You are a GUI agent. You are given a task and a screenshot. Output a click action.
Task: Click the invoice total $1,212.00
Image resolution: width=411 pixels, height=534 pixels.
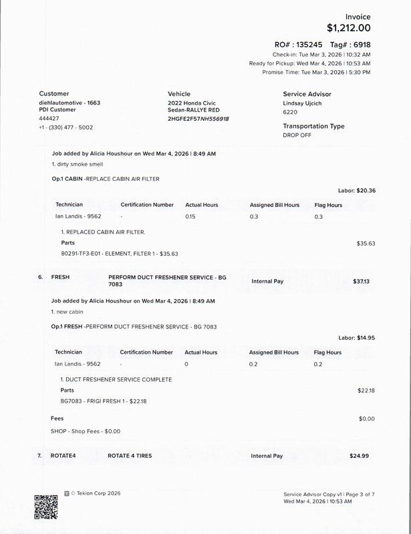point(348,28)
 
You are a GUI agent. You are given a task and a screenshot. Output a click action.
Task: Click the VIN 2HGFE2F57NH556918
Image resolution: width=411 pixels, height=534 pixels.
point(198,118)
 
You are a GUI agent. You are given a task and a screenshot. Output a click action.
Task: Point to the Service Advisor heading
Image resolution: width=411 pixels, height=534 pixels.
point(307,94)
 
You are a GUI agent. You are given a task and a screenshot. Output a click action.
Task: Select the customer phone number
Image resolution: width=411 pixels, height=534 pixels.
point(66,127)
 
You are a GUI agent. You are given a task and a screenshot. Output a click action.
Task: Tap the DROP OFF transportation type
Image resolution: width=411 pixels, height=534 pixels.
point(297,135)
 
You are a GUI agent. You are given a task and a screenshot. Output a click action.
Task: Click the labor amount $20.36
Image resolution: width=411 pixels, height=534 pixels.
point(366,190)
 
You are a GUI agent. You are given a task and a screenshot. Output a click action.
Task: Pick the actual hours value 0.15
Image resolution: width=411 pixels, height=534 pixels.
point(190,216)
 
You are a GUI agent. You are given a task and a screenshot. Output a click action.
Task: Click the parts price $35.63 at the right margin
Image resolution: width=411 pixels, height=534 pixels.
point(366,243)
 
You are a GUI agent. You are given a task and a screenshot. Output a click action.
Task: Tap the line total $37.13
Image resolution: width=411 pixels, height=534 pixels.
point(361,282)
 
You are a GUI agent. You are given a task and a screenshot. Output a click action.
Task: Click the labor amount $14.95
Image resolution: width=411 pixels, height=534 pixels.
point(366,338)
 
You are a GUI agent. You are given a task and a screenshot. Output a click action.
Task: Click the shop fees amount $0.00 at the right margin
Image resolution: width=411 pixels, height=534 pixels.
point(366,419)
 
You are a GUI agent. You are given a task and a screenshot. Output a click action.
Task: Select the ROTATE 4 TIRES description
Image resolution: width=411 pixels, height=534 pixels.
point(130,456)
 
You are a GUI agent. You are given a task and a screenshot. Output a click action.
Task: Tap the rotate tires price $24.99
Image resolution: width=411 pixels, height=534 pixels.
point(359,456)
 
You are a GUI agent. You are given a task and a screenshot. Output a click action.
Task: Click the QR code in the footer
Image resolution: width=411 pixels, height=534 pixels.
point(45,506)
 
